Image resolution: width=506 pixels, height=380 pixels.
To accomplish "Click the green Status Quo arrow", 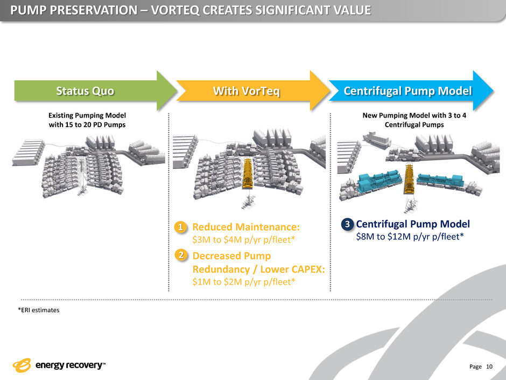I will click(86, 91).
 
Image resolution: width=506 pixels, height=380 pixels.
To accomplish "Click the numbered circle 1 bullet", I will click(182, 229).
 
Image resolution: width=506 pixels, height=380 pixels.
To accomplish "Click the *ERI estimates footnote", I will click(37, 311).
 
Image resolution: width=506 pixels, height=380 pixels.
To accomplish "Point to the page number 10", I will click(489, 367).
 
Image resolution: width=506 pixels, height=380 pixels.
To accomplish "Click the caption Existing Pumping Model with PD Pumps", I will click(87, 119).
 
